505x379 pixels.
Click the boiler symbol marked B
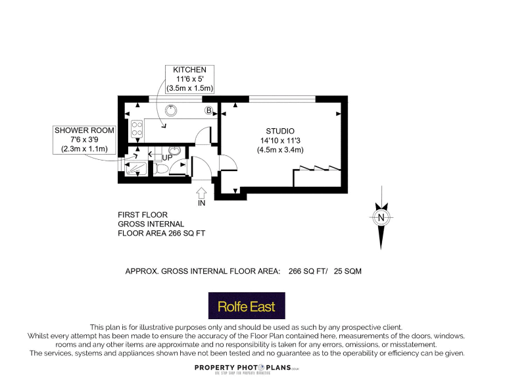209,110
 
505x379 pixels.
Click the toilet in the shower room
162,168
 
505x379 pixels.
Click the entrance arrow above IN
201,192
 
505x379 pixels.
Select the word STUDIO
280,130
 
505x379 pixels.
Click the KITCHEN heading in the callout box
189,70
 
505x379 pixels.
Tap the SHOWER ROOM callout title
84,131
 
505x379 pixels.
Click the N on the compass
380,217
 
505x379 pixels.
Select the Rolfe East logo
247,306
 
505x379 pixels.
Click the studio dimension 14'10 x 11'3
280,140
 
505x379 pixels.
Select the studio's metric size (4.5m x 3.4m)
280,150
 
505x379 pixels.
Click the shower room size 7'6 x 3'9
84,140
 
